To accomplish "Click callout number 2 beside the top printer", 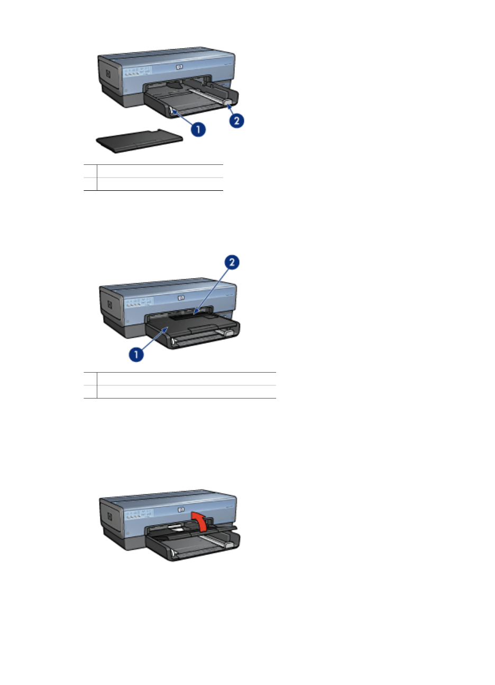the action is tap(236, 121).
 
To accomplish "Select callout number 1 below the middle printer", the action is tap(136, 355).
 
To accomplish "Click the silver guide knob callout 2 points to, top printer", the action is tap(226, 101).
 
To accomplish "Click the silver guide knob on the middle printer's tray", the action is tap(228, 334).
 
